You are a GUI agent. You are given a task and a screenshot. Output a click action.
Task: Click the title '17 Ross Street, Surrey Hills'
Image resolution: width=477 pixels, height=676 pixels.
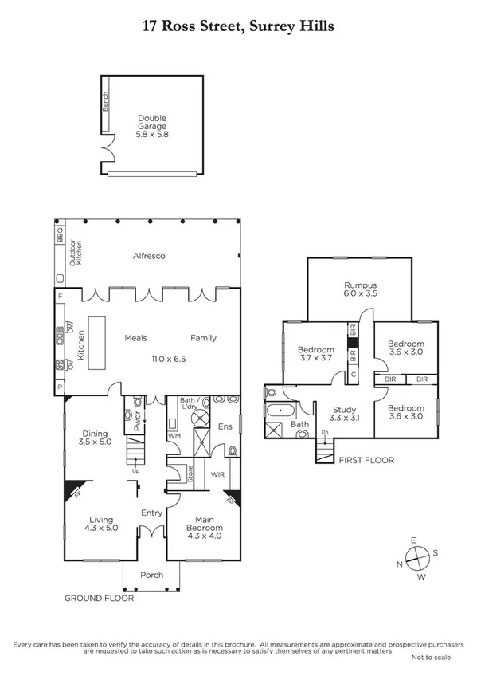click(238, 26)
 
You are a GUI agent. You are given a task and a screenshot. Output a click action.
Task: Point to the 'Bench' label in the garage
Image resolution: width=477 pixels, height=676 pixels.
click(104, 102)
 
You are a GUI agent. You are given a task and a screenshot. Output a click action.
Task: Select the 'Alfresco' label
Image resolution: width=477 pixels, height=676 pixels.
click(148, 256)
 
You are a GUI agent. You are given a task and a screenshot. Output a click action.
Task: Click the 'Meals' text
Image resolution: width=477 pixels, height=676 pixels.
click(136, 338)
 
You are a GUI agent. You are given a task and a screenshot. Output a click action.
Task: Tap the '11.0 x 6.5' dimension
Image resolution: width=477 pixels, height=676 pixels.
click(169, 360)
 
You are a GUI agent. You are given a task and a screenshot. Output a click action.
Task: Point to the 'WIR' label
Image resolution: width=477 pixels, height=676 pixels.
click(216, 475)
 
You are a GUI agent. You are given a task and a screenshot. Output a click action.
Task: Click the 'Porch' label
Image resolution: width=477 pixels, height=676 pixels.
click(151, 576)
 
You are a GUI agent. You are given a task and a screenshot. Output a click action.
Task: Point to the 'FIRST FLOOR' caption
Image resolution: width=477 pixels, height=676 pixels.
click(367, 461)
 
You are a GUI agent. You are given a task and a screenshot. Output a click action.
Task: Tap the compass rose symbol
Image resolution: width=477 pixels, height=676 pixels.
click(418, 557)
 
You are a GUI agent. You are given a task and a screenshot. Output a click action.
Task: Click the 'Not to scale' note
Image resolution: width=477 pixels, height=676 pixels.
click(430, 657)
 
